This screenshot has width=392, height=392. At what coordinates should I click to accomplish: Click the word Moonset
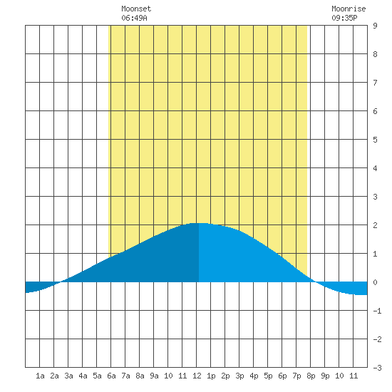pyautogui.click(x=136, y=9)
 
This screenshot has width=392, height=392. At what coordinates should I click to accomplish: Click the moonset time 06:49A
pyautogui.click(x=134, y=18)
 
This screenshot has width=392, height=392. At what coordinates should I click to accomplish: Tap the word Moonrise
pyautogui.click(x=349, y=9)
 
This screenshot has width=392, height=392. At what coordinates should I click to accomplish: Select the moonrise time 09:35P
pyautogui.click(x=344, y=18)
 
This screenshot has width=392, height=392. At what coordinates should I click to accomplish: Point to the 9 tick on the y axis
pyautogui.click(x=375, y=26)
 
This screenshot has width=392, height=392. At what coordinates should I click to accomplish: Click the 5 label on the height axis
pyautogui.click(x=375, y=140)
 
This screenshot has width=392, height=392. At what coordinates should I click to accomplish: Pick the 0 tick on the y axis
pyautogui.click(x=375, y=282)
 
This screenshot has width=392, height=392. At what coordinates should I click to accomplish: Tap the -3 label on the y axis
pyautogui.click(x=377, y=368)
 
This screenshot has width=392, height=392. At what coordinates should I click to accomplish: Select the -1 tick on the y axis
pyautogui.click(x=377, y=311)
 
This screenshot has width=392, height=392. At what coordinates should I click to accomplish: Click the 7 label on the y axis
pyautogui.click(x=375, y=83)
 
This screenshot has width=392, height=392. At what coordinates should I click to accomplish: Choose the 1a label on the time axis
pyautogui.click(x=40, y=376)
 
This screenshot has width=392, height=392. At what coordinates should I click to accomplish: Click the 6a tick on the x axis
pyautogui.click(x=111, y=376)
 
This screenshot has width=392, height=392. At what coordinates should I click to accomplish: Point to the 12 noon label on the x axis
pyautogui.click(x=197, y=376)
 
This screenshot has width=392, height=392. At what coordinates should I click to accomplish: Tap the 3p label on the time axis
pyautogui.click(x=239, y=376)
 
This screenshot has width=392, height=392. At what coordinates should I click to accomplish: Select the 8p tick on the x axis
pyautogui.click(x=311, y=376)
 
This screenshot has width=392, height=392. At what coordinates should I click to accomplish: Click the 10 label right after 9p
pyautogui.click(x=339, y=376)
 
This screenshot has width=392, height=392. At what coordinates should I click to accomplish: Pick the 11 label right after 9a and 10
pyautogui.click(x=182, y=376)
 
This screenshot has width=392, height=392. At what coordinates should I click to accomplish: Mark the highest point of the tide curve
pyautogui.click(x=200, y=223)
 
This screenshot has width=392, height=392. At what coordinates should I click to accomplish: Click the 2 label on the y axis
pyautogui.click(x=375, y=225)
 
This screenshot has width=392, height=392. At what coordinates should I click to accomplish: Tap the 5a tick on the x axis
pyautogui.click(x=97, y=376)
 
